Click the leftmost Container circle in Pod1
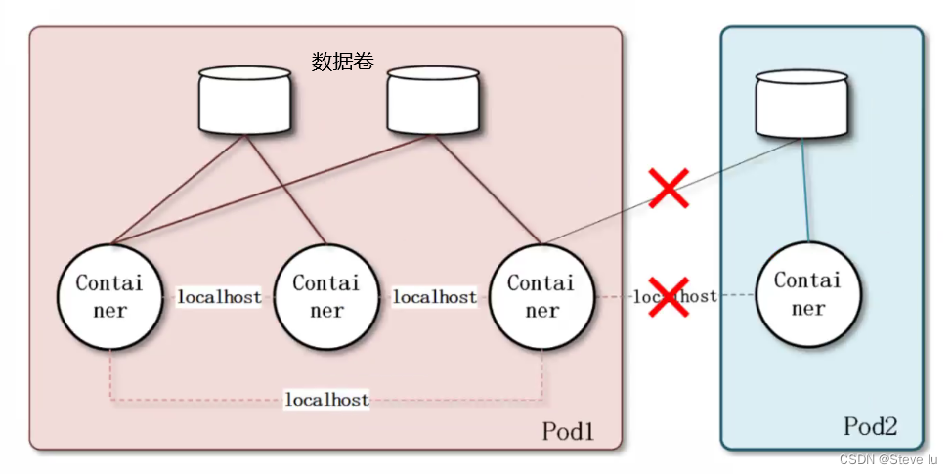tap(109, 296)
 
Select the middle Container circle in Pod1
tap(326, 296)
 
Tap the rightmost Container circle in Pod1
tap(541, 296)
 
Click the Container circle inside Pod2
tap(807, 294)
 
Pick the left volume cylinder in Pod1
tap(244, 101)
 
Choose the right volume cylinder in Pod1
tap(433, 101)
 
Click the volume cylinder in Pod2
tap(801, 106)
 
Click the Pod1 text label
tap(568, 431)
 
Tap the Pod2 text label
tap(870, 426)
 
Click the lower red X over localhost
tap(670, 296)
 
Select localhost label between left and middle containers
tap(219, 296)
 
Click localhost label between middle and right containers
tap(434, 296)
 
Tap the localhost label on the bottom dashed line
tap(326, 400)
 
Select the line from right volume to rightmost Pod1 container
tap(488, 191)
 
